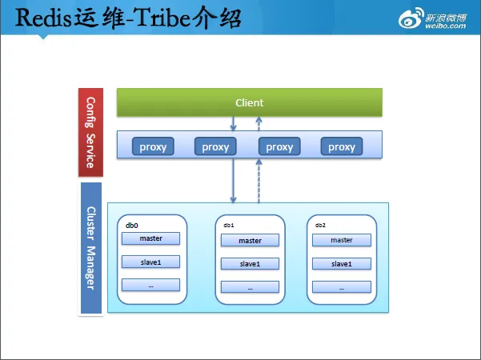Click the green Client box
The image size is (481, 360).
pyautogui.click(x=249, y=102)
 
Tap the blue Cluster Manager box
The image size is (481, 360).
pyautogui.click(x=91, y=248)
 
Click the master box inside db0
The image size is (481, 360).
pyautogui.click(x=150, y=238)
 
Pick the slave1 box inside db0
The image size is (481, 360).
pyautogui.click(x=150, y=262)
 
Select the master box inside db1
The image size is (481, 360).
pyautogui.click(x=250, y=240)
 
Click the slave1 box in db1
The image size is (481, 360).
pyautogui.click(x=250, y=263)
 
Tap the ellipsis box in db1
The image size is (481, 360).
pyautogui.click(x=250, y=286)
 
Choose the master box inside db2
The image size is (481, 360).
pyautogui.click(x=341, y=239)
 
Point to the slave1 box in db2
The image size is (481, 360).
pyautogui.click(x=341, y=263)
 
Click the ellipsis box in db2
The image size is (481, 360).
pyautogui.click(x=341, y=286)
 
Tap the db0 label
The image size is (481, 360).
pyautogui.click(x=131, y=226)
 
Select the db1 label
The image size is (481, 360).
pyautogui.click(x=229, y=226)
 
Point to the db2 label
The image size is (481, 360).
pyautogui.click(x=320, y=226)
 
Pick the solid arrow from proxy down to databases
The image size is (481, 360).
pyautogui.click(x=233, y=180)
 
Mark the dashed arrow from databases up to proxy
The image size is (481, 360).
pyautogui.click(x=259, y=180)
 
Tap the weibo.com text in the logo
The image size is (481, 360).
pyautogui.click(x=446, y=25)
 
